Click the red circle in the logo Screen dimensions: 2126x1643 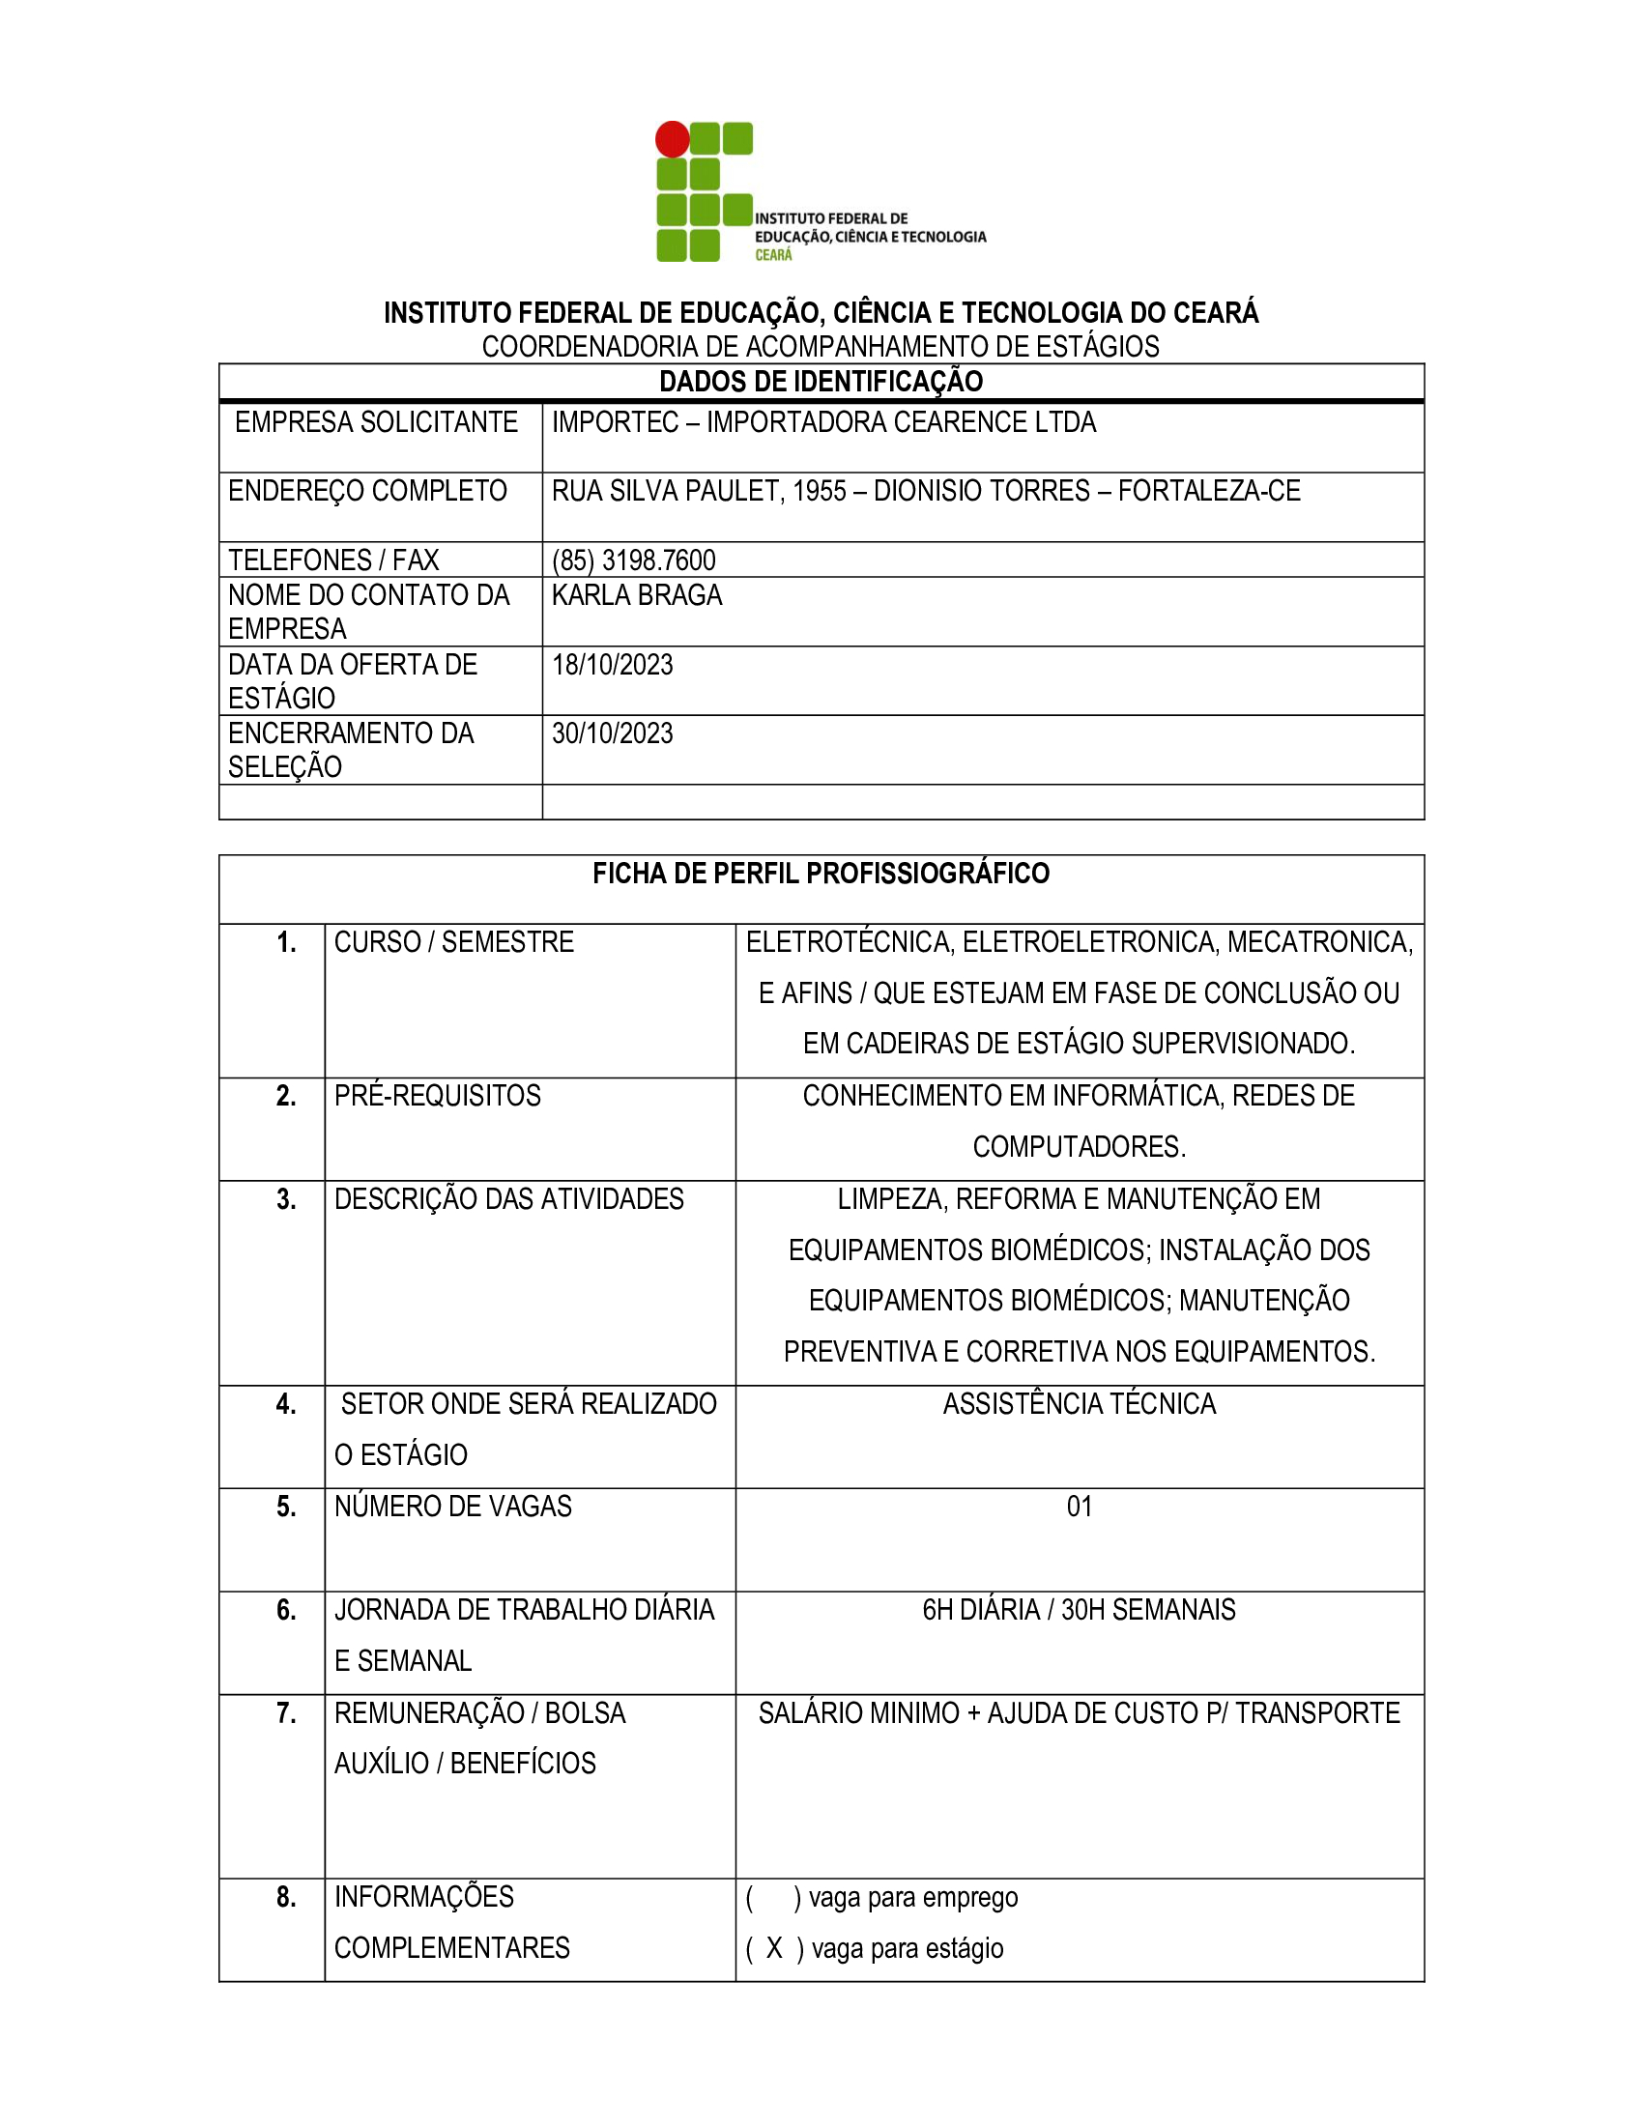pos(672,139)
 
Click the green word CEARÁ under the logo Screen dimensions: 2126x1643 pos(774,255)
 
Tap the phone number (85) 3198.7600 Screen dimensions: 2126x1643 pos(634,560)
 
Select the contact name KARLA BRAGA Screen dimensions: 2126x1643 pos(637,595)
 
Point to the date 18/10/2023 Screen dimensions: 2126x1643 pos(612,665)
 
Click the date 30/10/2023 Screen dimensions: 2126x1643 pos(612,734)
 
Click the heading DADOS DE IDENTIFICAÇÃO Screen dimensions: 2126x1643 pos(821,382)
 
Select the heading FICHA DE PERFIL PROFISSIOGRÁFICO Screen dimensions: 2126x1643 pos(821,875)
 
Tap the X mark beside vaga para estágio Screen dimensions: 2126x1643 pos(775,1948)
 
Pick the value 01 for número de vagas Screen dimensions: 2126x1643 pos(1080,1507)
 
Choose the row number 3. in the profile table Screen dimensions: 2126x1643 pos(286,1199)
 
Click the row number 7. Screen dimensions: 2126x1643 pos(286,1713)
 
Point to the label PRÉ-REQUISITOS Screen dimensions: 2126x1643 pos(437,1096)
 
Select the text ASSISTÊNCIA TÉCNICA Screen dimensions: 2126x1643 pos(1080,1405)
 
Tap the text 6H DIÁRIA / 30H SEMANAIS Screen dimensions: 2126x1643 pos(1079,1610)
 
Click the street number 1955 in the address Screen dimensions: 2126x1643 pos(820,492)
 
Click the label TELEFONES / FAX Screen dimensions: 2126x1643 pos(332,560)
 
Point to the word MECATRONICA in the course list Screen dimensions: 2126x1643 pos(1319,942)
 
